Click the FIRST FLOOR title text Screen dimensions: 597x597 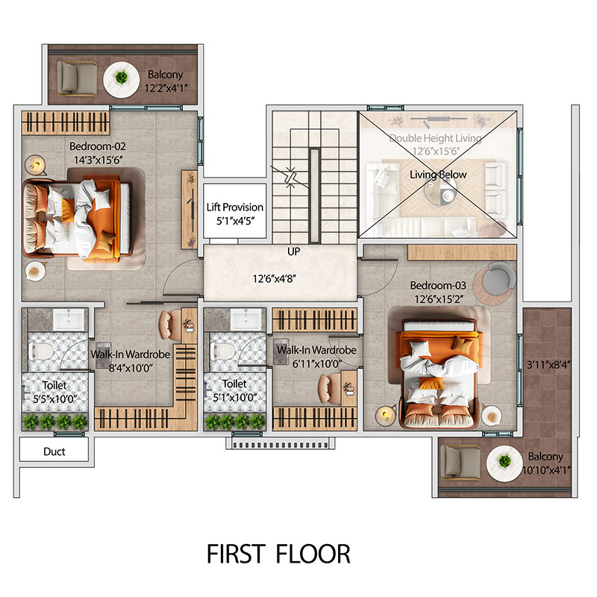(x=278, y=554)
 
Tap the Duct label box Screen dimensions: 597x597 (x=54, y=451)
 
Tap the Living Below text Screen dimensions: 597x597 (x=438, y=175)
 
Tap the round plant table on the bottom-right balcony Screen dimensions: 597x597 (x=501, y=462)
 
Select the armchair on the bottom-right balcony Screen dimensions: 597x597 (x=457, y=462)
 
